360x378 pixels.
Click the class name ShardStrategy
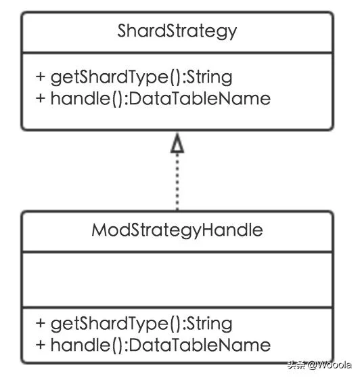click(x=177, y=31)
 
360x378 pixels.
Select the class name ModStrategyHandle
click(x=177, y=230)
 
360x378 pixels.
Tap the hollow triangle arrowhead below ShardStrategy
click(x=177, y=143)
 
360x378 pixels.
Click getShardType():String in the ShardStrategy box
click(x=141, y=78)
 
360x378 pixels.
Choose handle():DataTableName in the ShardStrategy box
click(x=160, y=99)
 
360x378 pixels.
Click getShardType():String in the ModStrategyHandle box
click(x=141, y=324)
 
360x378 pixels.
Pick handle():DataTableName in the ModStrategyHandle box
click(x=160, y=345)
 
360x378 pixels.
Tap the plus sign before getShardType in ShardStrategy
click(x=41, y=77)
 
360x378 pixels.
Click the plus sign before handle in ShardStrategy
click(x=41, y=98)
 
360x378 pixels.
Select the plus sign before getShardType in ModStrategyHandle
click(x=41, y=323)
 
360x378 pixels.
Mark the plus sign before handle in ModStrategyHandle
click(x=41, y=345)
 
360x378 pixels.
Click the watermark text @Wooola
click(x=329, y=365)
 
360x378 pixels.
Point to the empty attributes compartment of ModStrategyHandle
click(x=177, y=280)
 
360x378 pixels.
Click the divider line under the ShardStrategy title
click(x=177, y=53)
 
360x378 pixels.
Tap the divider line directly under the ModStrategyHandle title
click(x=177, y=252)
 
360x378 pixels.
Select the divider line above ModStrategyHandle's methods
click(x=177, y=308)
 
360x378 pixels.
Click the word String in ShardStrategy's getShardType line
click(x=210, y=78)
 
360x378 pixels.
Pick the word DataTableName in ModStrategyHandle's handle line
click(x=200, y=345)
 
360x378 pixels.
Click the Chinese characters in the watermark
click(x=296, y=365)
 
